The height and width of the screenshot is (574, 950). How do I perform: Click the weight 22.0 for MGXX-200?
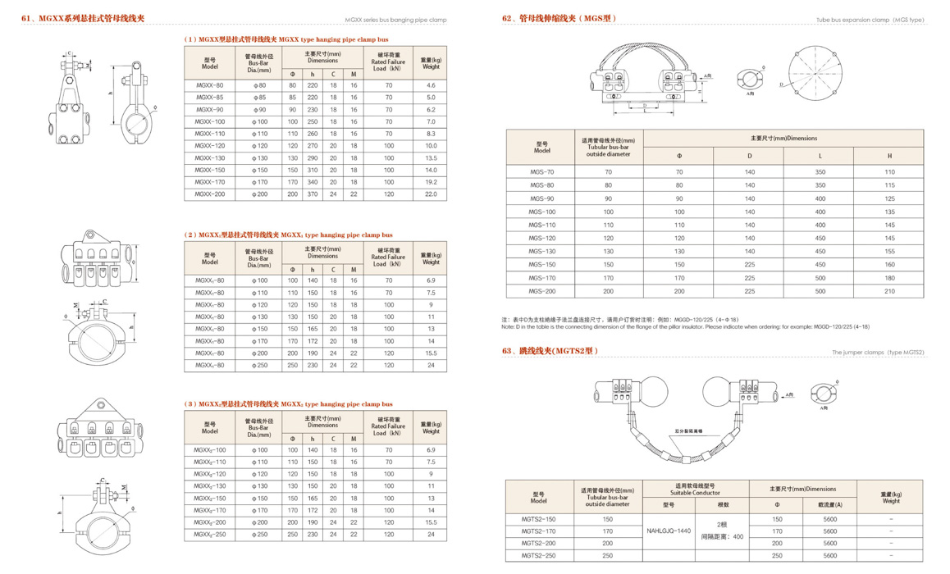click(x=431, y=194)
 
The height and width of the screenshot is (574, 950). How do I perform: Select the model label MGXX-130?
click(x=209, y=157)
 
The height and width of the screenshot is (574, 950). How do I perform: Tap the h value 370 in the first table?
click(x=312, y=194)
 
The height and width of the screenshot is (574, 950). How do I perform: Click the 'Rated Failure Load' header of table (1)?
click(x=388, y=61)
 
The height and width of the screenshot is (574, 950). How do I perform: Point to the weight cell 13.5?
click(x=431, y=157)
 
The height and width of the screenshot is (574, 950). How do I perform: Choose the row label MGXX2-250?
click(x=209, y=535)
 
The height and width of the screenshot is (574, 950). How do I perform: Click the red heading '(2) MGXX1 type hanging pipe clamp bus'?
click(x=288, y=235)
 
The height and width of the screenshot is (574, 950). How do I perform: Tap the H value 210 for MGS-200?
click(x=889, y=291)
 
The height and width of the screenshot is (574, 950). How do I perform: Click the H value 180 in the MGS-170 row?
click(x=889, y=278)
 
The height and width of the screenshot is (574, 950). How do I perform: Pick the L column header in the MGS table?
click(x=820, y=155)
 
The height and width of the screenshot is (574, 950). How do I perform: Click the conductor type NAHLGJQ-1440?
click(x=669, y=531)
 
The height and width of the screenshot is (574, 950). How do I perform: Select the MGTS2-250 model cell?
click(x=539, y=555)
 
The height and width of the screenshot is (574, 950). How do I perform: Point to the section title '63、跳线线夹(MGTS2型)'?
click(x=550, y=351)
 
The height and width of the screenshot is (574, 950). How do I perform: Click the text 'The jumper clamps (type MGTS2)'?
click(x=878, y=352)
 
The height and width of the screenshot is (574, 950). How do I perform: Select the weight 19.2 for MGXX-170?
click(x=431, y=182)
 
